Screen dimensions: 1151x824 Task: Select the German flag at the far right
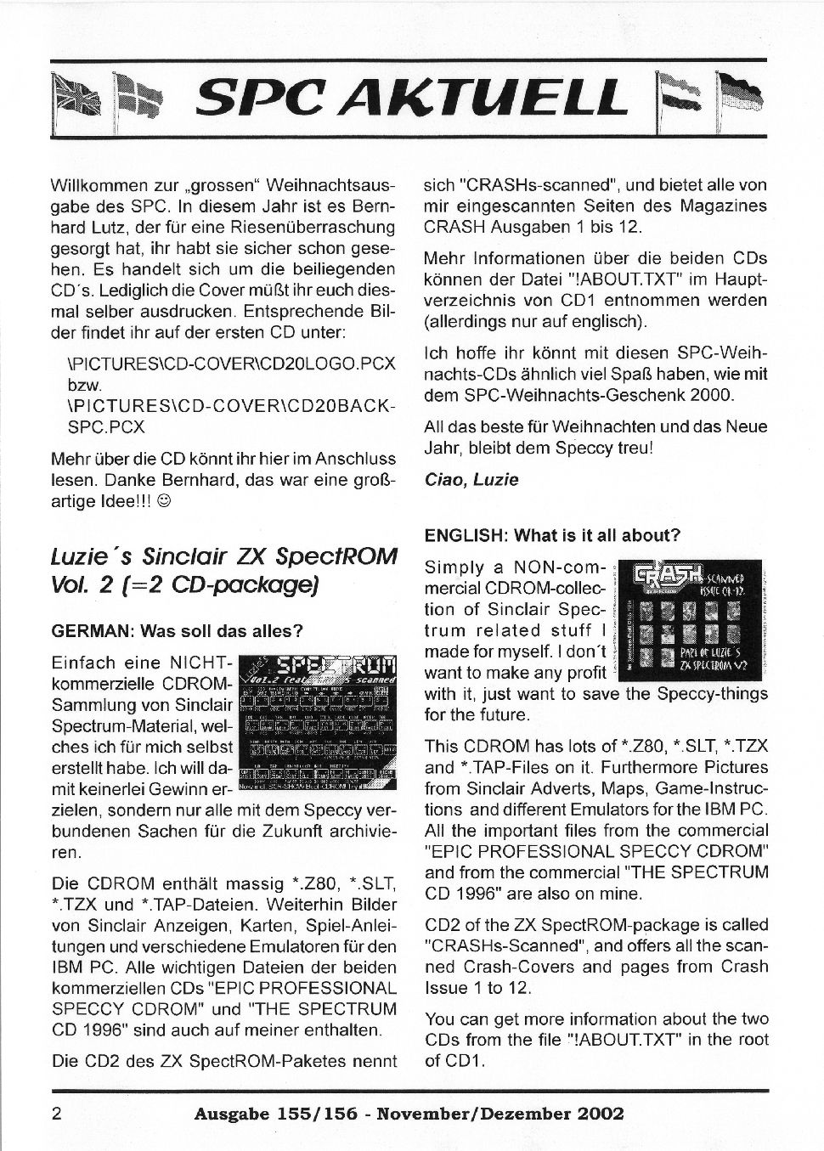739,96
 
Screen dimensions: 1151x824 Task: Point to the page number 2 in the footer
57,1114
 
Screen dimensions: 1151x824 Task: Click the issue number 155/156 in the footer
312,1114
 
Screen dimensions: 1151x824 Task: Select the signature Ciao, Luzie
471,480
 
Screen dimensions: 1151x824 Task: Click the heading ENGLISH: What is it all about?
552,535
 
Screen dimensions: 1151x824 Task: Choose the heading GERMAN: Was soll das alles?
178,631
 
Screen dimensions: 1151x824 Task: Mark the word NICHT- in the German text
199,663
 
